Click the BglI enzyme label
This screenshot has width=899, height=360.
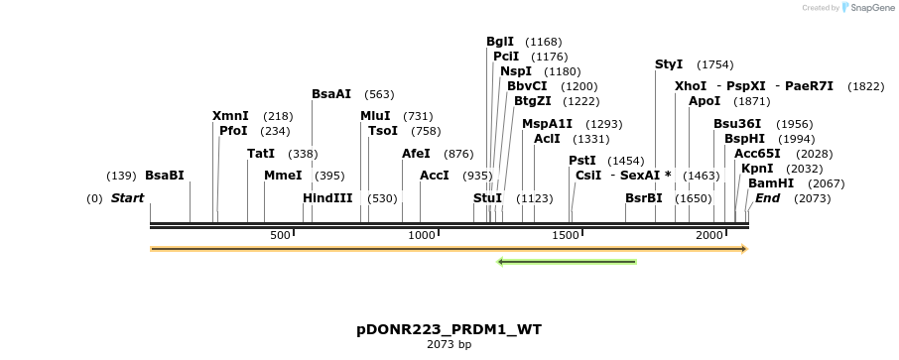[x=500, y=42]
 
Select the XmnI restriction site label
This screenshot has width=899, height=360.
[x=230, y=116]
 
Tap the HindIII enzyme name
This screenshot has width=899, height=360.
[x=327, y=198]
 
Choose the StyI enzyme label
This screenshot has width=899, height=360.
[x=669, y=64]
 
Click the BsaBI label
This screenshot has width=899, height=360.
[x=165, y=176]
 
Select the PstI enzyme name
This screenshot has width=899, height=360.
[x=582, y=161]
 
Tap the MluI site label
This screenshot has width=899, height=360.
[x=375, y=116]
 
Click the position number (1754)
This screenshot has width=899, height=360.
[x=714, y=65]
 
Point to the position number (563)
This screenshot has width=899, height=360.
[x=379, y=95]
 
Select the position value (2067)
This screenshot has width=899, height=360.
[x=827, y=184]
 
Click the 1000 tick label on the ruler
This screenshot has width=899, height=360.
[x=423, y=235]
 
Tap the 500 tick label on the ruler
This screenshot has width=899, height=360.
[x=280, y=235]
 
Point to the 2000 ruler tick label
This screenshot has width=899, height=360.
[x=709, y=235]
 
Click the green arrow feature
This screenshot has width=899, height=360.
[x=567, y=262]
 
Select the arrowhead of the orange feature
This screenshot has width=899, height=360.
[x=741, y=249]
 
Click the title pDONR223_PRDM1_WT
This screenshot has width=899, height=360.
[x=449, y=329]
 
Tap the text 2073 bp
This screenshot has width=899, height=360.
[x=449, y=345]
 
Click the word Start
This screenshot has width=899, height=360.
[x=127, y=198]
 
